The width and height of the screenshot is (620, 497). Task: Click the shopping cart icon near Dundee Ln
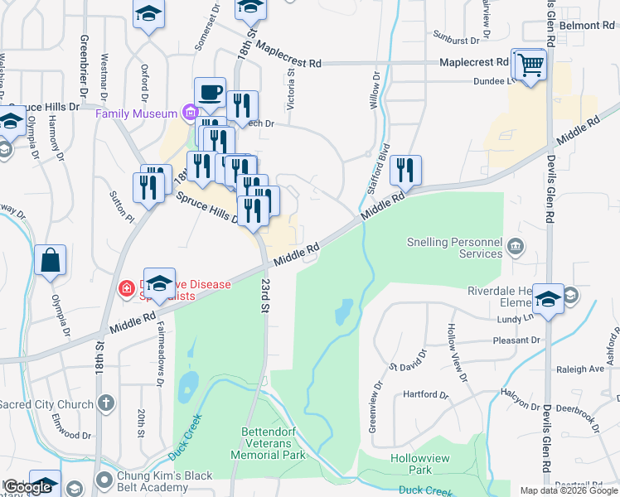[530, 63]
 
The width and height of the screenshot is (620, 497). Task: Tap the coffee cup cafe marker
[210, 92]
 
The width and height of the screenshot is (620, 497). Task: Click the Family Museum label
[136, 113]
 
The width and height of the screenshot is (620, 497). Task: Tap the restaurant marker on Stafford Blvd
[405, 170]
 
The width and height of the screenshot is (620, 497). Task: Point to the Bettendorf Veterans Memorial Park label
[273, 443]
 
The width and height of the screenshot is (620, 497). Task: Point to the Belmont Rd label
[586, 26]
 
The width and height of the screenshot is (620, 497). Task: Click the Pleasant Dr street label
[516, 340]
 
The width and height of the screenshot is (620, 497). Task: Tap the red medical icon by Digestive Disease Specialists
[126, 289]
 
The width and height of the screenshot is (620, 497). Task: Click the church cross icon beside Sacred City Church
[104, 403]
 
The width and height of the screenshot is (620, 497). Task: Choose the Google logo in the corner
[28, 487]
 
